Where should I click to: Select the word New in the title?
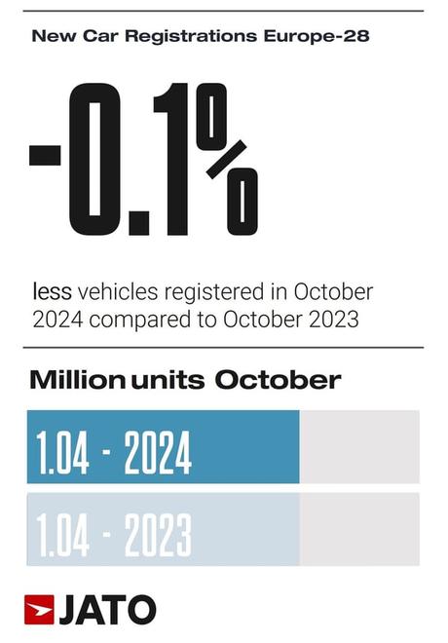[x=49, y=37]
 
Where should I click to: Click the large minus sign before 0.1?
[x=45, y=155]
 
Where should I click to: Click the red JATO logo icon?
[x=39, y=609]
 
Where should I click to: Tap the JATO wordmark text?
[x=107, y=610]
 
